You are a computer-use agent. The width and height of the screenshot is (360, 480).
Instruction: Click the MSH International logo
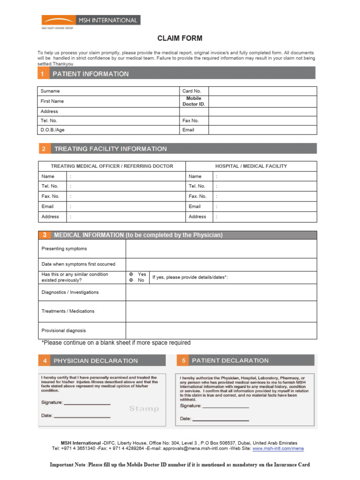pyautogui.click(x=90, y=21)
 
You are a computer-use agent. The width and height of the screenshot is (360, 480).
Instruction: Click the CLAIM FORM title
pyautogui.click(x=180, y=38)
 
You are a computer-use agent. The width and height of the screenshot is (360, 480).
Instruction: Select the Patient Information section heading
pyautogui.click(x=90, y=74)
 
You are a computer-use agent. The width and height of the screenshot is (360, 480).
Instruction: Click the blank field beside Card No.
pyautogui.click(x=262, y=91)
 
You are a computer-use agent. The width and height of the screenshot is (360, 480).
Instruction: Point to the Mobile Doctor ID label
pyautogui.click(x=194, y=101)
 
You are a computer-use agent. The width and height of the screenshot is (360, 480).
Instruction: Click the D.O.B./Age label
pyautogui.click(x=52, y=130)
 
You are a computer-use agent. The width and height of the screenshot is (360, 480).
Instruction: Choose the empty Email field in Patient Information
pyautogui.click(x=262, y=130)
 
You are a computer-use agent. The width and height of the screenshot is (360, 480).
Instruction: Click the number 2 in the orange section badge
pyautogui.click(x=44, y=149)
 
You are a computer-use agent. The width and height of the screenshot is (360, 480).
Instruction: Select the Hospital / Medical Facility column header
pyautogui.click(x=251, y=166)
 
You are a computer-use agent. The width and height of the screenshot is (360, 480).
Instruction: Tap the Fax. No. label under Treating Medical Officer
pyautogui.click(x=51, y=196)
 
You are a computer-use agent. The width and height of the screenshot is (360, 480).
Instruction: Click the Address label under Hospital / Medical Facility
pyautogui.click(x=197, y=217)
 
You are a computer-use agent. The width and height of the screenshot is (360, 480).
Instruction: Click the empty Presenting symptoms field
pyautogui.click(x=221, y=249)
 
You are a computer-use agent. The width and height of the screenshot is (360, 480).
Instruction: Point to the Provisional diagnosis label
pyautogui.click(x=64, y=330)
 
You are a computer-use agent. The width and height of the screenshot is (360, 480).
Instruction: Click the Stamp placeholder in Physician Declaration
pyautogui.click(x=144, y=409)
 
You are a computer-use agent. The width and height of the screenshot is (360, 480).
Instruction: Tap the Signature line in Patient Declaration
pyautogui.click(x=225, y=406)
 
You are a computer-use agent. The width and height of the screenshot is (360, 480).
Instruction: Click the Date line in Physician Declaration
pyautogui.click(x=82, y=416)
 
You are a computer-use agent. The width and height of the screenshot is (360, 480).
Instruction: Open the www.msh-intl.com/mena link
pyautogui.click(x=278, y=449)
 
